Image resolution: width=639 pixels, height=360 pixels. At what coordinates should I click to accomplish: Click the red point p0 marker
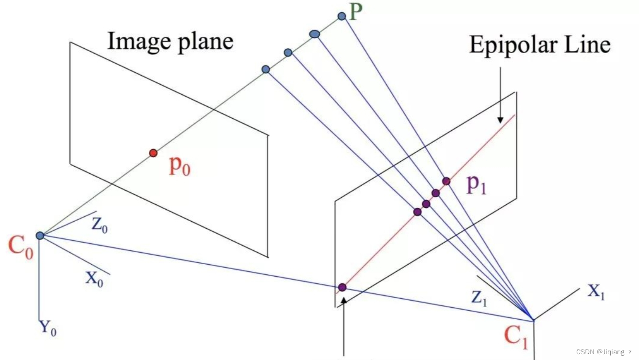(153, 153)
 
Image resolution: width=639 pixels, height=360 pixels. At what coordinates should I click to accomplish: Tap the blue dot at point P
(342, 16)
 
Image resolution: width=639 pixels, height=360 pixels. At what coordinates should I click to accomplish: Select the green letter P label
(355, 12)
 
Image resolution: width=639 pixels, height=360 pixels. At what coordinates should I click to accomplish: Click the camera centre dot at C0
(40, 236)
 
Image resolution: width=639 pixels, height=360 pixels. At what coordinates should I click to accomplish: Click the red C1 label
(515, 336)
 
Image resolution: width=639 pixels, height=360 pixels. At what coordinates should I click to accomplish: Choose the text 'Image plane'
(170, 41)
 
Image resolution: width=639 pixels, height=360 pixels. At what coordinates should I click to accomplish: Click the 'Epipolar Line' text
(540, 45)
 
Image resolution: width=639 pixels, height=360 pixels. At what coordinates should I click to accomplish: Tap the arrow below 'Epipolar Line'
(500, 96)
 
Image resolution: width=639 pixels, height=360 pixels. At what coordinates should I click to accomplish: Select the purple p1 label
(476, 185)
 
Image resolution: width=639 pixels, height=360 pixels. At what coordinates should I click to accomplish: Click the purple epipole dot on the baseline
(342, 287)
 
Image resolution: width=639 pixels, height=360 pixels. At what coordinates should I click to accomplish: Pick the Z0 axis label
(100, 226)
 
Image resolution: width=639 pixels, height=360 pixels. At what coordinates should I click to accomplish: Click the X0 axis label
(94, 279)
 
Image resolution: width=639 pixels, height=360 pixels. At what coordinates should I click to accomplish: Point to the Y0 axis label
(47, 328)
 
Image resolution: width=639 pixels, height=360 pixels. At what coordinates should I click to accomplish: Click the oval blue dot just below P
(315, 34)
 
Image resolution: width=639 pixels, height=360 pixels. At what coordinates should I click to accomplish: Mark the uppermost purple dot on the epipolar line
(446, 181)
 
